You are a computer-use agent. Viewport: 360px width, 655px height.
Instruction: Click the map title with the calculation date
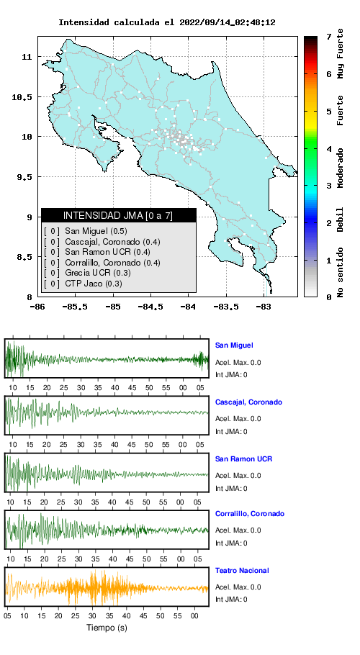coord(166,22)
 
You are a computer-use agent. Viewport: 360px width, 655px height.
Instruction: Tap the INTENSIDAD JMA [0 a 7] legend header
coord(118,215)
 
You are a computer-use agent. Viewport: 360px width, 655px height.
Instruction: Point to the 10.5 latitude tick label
coord(22,97)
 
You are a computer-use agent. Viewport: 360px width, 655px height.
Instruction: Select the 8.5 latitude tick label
coord(24,257)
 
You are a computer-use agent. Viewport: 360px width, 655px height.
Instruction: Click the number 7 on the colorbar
coord(329,37)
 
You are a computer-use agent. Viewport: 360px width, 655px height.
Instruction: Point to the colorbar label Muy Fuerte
coord(341,53)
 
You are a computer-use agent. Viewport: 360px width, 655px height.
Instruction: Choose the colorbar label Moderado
coord(341,168)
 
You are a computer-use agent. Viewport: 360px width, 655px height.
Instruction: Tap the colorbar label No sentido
coord(341,272)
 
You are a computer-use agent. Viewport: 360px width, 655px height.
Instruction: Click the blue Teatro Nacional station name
coord(242,570)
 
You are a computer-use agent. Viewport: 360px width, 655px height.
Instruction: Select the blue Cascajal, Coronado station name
coord(248,402)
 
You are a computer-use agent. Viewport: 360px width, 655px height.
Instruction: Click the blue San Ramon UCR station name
coord(243,458)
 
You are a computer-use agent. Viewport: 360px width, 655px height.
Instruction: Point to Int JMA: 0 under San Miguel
coord(231,375)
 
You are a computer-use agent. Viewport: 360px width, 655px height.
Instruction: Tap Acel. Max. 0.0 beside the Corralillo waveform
coord(238,530)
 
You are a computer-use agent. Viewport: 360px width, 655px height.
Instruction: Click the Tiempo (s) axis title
coord(107,627)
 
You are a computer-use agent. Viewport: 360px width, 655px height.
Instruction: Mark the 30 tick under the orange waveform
coord(92,615)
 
